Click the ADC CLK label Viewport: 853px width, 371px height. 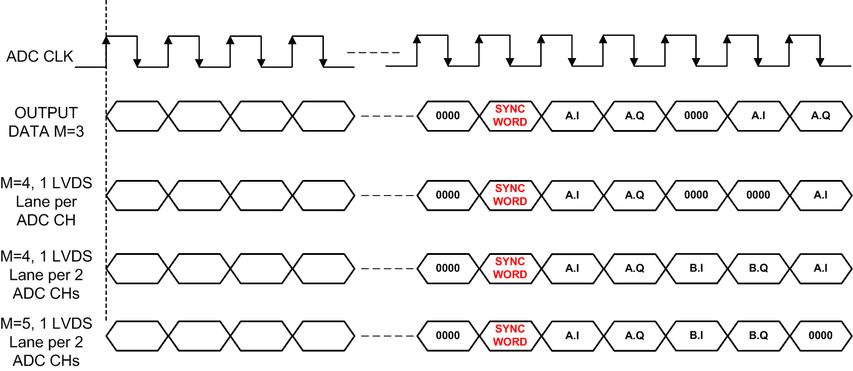coord(40,57)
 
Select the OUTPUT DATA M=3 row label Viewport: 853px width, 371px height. coord(46,121)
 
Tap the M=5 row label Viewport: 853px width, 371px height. coord(46,341)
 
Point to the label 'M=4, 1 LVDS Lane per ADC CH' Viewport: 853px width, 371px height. coord(46,201)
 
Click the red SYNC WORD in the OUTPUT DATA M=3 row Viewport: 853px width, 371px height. coord(510,116)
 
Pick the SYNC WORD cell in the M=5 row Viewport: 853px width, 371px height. coord(510,336)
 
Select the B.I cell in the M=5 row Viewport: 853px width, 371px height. coord(696,336)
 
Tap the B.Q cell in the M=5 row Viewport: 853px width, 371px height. coord(758,336)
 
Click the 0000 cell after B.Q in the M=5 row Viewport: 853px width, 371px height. coord(820,336)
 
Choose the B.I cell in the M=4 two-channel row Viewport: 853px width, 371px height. coord(696,268)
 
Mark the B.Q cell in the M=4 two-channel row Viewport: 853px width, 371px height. coord(758,268)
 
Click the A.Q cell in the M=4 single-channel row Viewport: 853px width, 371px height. coord(634,195)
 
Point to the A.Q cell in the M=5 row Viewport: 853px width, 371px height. coord(634,336)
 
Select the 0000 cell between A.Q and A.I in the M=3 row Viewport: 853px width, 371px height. coord(696,116)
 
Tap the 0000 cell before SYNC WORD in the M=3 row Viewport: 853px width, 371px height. coord(448,116)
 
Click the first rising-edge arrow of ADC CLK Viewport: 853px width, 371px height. coord(106,40)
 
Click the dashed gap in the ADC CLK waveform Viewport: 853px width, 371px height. coord(373,53)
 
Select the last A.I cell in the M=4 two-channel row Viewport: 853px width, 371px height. coord(820,268)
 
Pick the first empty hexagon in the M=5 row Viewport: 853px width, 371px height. coord(138,336)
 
